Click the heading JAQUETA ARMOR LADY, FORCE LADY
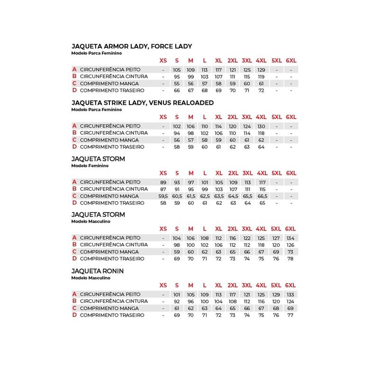pyautogui.click(x=131, y=46)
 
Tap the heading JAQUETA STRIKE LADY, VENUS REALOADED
pyautogui.click(x=142, y=103)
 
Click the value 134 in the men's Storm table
pyautogui.click(x=290, y=238)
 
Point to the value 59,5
pyautogui.click(x=163, y=196)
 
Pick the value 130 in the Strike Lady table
pyautogui.click(x=261, y=126)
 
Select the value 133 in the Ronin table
pyautogui.click(x=290, y=294)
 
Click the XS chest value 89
pyautogui.click(x=163, y=182)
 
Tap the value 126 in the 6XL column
pyautogui.click(x=290, y=245)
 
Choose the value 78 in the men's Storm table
pyautogui.click(x=290, y=259)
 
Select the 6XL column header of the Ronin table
pyautogui.click(x=290, y=285)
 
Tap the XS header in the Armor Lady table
pyautogui.click(x=163, y=61)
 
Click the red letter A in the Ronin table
pyautogui.click(x=74, y=294)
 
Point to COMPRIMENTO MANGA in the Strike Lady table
pyautogui.click(x=109, y=140)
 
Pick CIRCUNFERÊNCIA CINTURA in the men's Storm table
pyautogui.click(x=114, y=245)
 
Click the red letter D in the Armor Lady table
pyautogui.click(x=74, y=90)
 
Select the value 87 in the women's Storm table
pyautogui.click(x=163, y=189)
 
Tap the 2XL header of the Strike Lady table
pyautogui.click(x=233, y=117)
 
